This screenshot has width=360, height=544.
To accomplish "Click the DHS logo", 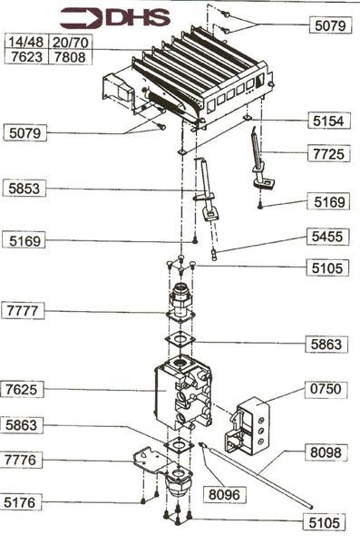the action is click(x=115, y=18).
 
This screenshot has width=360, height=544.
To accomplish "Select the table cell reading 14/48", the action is click(x=26, y=42).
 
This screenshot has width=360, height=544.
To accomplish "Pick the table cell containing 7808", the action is click(x=70, y=57).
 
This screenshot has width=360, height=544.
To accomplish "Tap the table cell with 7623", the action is click(x=26, y=57).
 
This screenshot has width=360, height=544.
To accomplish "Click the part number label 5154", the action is click(x=329, y=121).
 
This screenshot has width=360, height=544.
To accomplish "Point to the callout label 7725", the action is click(x=329, y=154).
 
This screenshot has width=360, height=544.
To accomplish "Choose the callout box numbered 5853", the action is click(x=24, y=189).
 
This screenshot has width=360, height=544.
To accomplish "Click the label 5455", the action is click(x=327, y=237).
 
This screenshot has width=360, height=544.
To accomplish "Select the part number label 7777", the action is click(x=23, y=310).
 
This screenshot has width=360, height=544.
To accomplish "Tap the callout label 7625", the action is click(x=22, y=389).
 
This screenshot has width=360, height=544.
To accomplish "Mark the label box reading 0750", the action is click(x=326, y=389).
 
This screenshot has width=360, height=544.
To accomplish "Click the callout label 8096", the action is click(x=224, y=494).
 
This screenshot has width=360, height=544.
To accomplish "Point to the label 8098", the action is click(x=326, y=452).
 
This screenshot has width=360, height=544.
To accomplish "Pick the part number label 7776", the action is click(x=21, y=460).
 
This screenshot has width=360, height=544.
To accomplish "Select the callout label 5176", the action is click(x=21, y=502).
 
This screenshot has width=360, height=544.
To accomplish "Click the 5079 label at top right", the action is click(x=330, y=25).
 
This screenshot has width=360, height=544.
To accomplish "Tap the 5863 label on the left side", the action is click(x=22, y=424).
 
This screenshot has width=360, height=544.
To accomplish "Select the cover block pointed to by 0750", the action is click(x=248, y=426).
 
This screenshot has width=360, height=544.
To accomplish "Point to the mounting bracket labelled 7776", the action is click(x=151, y=461).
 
